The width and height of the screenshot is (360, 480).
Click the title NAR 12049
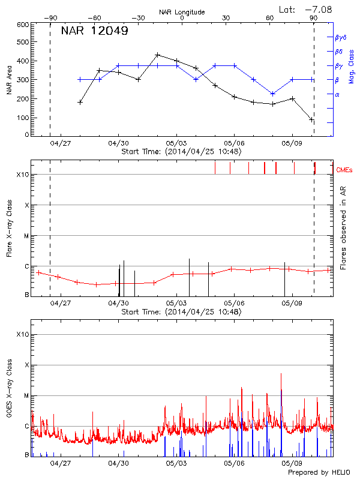tap(94, 31)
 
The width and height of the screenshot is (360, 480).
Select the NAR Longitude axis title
tap(182, 11)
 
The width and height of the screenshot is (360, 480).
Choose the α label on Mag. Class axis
tap(337, 94)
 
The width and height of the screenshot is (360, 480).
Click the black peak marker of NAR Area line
tap(157, 55)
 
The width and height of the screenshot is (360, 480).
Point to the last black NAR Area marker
tap(311, 120)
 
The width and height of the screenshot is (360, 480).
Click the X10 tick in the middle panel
tap(23, 175)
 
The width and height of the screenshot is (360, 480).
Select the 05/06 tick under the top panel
tap(234, 144)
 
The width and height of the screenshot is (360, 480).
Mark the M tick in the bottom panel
tap(26, 396)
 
